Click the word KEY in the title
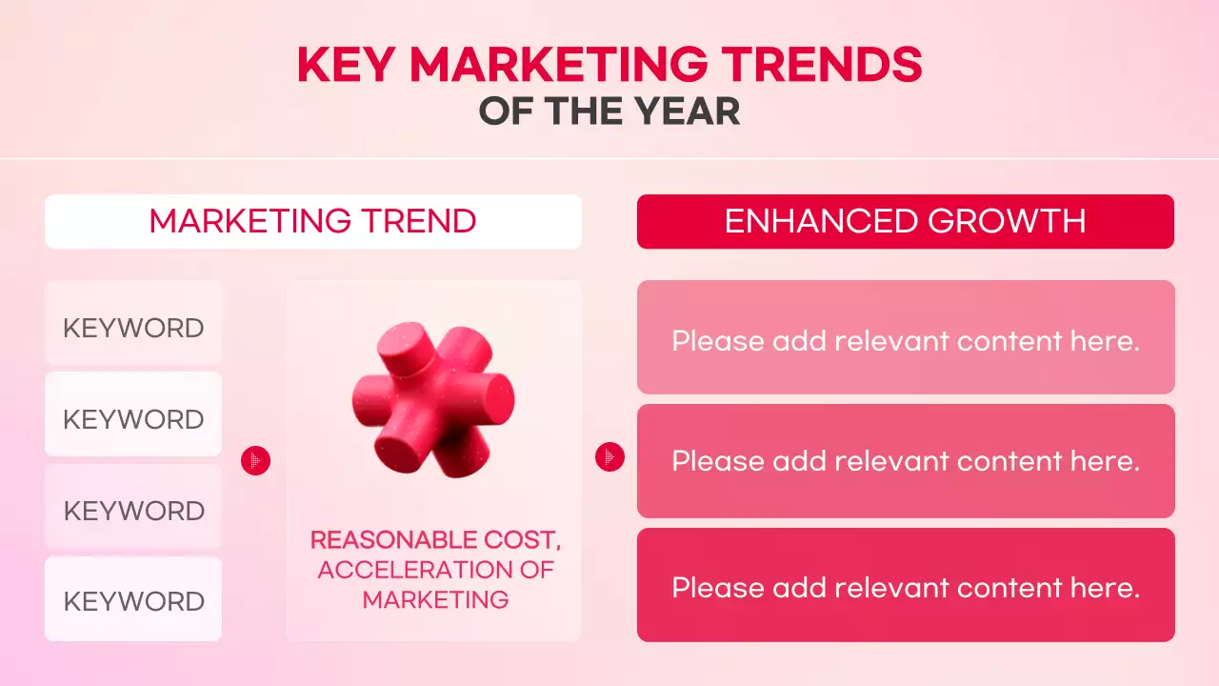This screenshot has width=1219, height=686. click(346, 65)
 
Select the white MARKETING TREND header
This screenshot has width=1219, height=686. click(312, 221)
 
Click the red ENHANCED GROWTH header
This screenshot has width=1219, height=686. click(905, 221)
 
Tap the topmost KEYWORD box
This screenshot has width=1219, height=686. click(133, 328)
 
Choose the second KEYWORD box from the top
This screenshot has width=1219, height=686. click(133, 419)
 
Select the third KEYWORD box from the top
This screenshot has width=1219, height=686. click(133, 511)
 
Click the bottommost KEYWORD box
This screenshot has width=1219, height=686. click(133, 601)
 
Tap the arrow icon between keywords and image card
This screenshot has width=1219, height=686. click(255, 461)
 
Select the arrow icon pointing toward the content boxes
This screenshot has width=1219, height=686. click(609, 457)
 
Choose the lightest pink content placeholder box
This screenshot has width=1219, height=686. click(905, 337)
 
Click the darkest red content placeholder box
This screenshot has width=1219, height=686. click(905, 585)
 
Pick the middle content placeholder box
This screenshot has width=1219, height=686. click(905, 461)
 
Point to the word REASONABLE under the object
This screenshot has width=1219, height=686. click(391, 540)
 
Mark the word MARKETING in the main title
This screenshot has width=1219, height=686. click(558, 65)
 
